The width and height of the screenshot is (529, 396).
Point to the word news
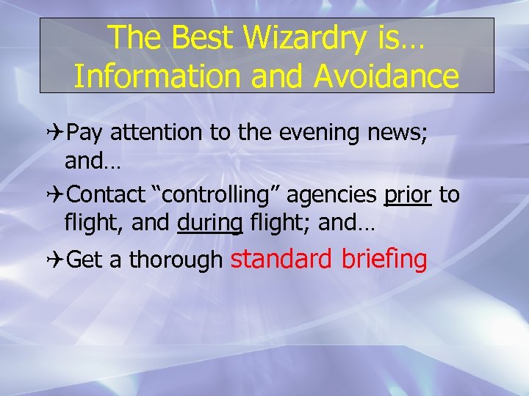coord(402,133)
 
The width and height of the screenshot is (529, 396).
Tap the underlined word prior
coord(408,195)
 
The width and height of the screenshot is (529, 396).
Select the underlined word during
coord(210,224)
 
